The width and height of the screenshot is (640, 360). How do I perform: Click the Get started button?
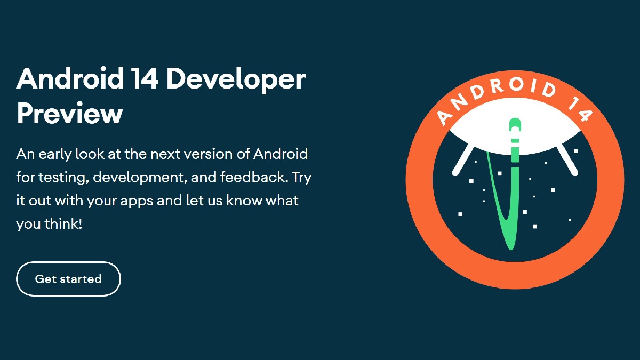coord(68,279)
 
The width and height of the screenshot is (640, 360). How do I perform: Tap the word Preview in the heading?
coord(70,113)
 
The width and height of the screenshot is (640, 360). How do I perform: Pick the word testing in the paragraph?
coord(59,178)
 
